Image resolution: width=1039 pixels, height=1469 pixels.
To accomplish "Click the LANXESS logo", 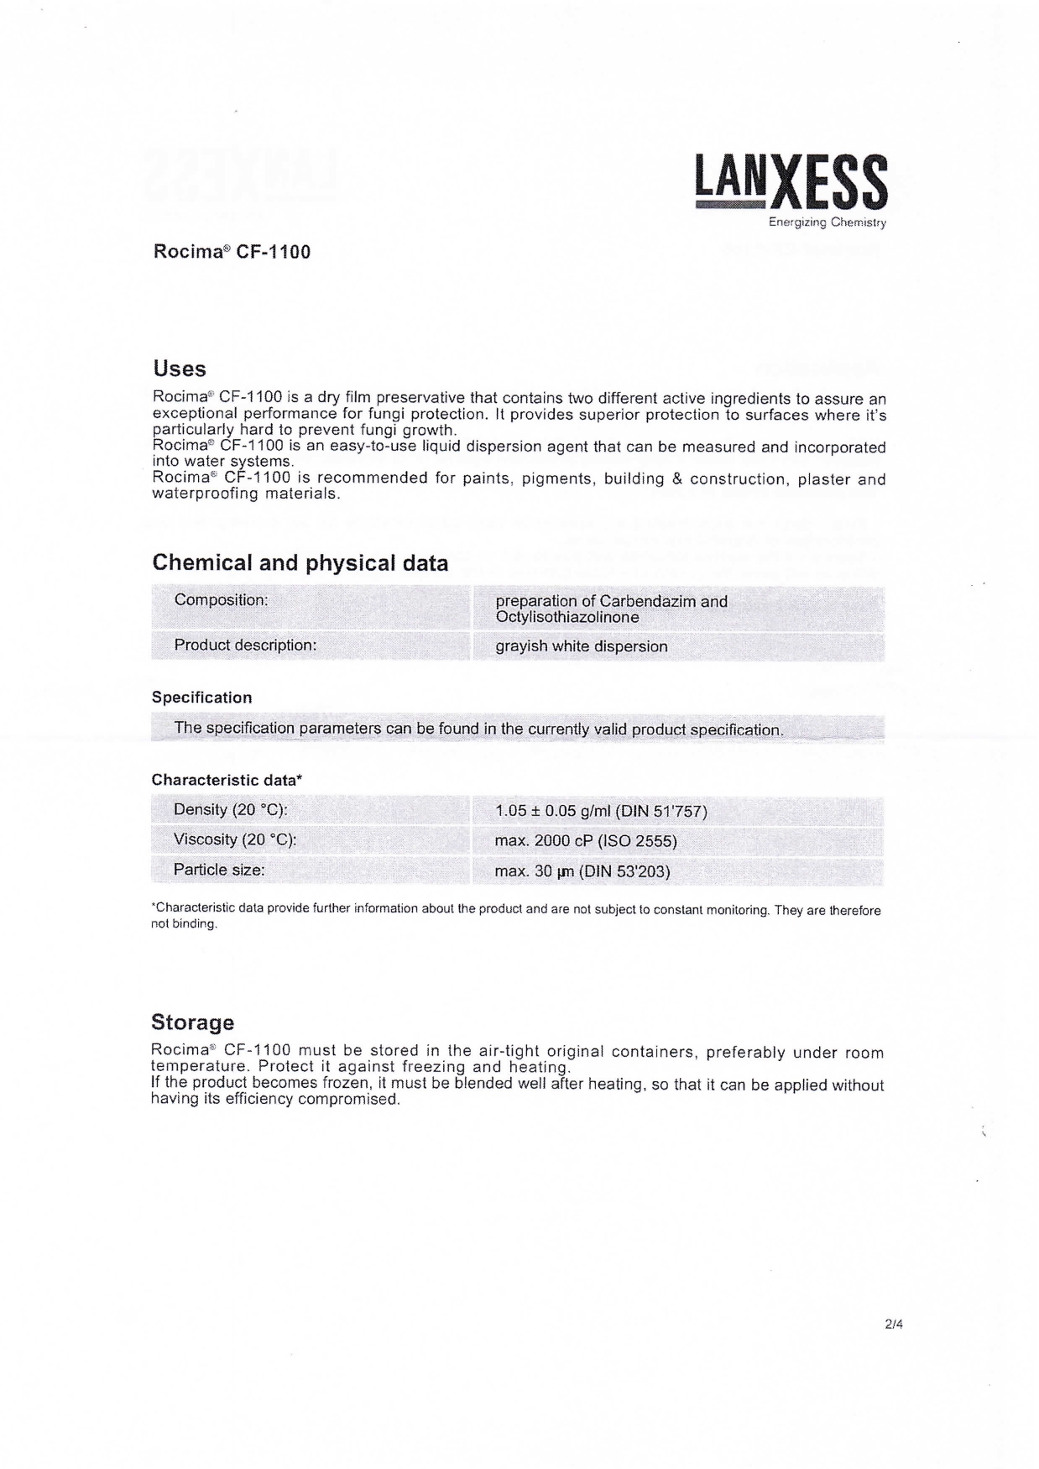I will [791, 182].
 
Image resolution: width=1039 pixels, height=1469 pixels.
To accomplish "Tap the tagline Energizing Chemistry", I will [827, 222].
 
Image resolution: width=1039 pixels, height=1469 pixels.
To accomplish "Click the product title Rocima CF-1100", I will [232, 252].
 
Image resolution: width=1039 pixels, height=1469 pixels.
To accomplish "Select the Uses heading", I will [180, 369].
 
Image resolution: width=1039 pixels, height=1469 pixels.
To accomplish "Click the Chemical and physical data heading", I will [300, 562].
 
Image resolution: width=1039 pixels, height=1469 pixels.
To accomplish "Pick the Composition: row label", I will [222, 600].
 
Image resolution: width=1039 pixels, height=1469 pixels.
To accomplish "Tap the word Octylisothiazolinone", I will [567, 617].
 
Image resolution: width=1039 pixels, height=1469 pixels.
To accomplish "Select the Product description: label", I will [245, 646].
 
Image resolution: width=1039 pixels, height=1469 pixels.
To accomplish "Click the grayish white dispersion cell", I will [582, 646].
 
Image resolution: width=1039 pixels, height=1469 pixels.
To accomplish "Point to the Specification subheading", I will [201, 698].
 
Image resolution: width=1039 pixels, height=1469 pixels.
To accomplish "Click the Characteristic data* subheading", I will [227, 780].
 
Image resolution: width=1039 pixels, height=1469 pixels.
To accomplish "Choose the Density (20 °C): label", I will [230, 810].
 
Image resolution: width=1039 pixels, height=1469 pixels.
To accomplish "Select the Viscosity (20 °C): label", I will [235, 839].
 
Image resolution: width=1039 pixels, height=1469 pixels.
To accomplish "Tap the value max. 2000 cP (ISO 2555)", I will [586, 841].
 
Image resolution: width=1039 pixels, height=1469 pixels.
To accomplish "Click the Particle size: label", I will [219, 870].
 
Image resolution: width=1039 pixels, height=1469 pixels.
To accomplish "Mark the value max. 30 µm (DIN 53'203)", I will [582, 871].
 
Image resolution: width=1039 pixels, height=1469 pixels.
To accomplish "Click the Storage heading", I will [192, 1022].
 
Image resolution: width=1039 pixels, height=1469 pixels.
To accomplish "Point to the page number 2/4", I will [893, 1325].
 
